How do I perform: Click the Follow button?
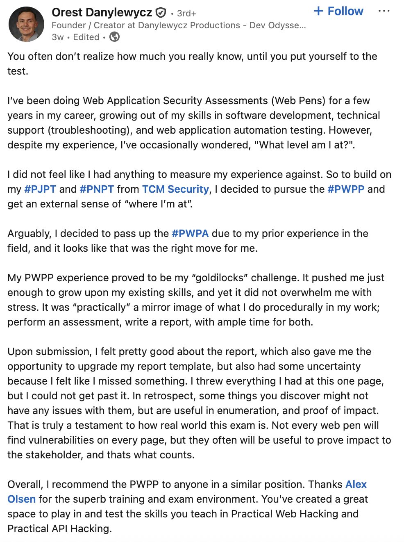pos(338,11)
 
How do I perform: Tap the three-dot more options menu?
pos(384,11)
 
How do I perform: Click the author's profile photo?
pos(26,24)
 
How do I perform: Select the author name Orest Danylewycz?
pos(102,13)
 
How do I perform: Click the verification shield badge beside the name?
pos(161,13)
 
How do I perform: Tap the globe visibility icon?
pos(115,37)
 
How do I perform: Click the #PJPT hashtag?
pos(40,189)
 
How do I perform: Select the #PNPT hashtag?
pos(97,189)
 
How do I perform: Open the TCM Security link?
pos(175,189)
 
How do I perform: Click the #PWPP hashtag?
pos(346,189)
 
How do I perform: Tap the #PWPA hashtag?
pos(190,234)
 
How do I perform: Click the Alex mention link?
pos(356,485)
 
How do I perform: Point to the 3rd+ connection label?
pos(186,14)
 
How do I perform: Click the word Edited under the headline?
pos(86,37)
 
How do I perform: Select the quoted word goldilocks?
pos(220,278)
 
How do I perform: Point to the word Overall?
pos(25,485)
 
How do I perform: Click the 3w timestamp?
pos(58,37)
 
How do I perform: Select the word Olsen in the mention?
pos(22,499)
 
